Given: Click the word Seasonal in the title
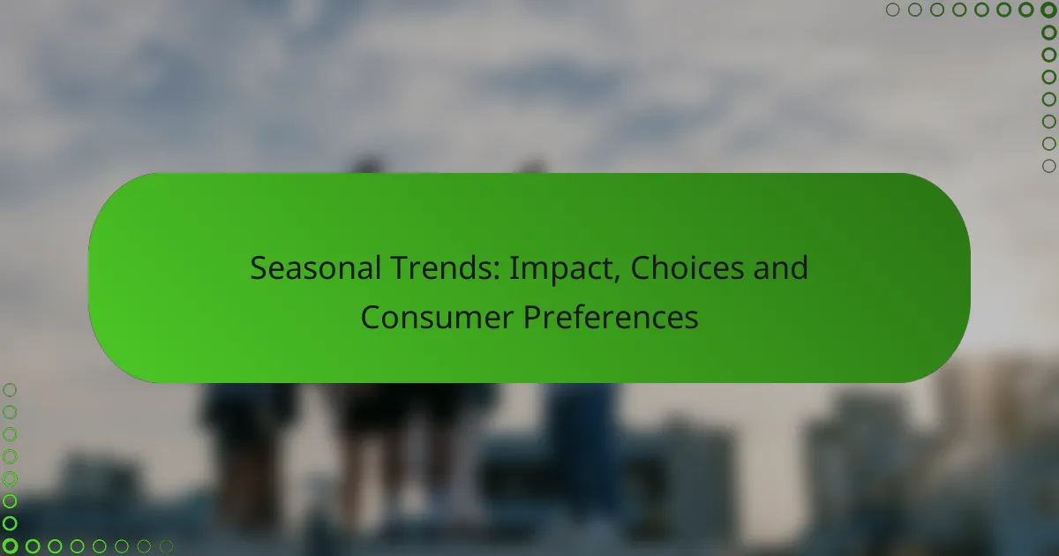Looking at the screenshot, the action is pyautogui.click(x=315, y=268).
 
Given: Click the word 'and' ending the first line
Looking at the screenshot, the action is pyautogui.click(x=780, y=268).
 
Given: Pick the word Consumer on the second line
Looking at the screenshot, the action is pyautogui.click(x=437, y=317).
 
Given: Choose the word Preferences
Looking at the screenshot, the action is pyautogui.click(x=611, y=317).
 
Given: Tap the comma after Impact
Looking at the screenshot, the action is pyautogui.click(x=616, y=279).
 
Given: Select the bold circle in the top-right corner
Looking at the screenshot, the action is pyautogui.click(x=1048, y=10).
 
